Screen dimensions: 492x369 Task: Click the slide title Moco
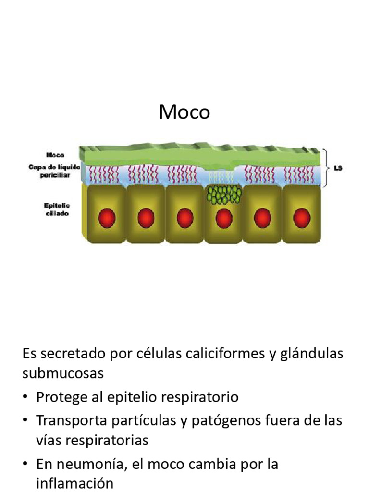184,112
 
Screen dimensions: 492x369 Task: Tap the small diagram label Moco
55,155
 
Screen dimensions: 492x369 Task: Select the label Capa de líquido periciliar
54,171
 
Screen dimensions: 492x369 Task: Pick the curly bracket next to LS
328,168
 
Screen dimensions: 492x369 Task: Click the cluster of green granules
223,194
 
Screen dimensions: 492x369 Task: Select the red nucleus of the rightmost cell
301,219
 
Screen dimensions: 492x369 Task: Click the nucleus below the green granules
223,219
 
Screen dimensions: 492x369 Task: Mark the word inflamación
74,483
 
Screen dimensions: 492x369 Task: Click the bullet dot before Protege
25,398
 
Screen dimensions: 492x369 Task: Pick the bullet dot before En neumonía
25,465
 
